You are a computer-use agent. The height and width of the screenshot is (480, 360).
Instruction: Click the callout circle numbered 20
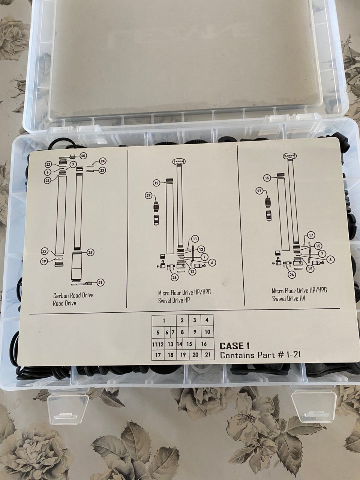[x=83, y=156]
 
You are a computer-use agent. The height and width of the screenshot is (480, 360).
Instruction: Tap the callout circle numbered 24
[x=102, y=161]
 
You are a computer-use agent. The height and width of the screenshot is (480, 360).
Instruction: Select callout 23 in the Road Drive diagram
[x=102, y=170]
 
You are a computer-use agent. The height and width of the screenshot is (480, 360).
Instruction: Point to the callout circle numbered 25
[x=90, y=252]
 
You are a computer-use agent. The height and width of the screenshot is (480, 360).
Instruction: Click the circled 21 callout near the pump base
[x=100, y=282]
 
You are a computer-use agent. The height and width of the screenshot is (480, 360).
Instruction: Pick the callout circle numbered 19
[x=44, y=261]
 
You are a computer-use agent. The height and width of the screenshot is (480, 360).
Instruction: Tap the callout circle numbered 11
[x=195, y=239]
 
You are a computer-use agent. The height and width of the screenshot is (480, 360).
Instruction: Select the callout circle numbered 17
[x=311, y=235]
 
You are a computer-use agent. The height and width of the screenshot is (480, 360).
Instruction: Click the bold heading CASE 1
[x=234, y=346]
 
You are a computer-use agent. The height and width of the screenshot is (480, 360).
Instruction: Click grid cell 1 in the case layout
[x=164, y=321]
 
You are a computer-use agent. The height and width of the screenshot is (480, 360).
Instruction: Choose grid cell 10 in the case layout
[x=207, y=332]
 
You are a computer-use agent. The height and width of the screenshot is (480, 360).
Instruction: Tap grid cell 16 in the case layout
[x=204, y=344]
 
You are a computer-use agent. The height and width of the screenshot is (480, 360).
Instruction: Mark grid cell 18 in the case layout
[x=171, y=355]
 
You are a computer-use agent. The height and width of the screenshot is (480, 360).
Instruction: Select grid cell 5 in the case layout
[x=158, y=333]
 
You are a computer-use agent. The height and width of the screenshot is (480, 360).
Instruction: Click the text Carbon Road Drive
[x=73, y=295]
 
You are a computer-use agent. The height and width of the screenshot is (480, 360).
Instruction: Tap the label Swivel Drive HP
[x=174, y=300]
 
